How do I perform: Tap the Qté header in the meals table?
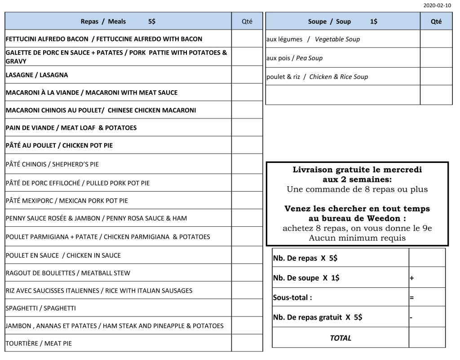pos(247,21)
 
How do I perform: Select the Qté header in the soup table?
pos(436,21)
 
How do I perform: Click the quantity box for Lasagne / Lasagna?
pos(247,75)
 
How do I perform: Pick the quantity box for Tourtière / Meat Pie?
pos(247,343)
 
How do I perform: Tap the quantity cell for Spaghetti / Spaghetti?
pos(247,308)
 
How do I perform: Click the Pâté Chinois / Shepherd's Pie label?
pos(52,164)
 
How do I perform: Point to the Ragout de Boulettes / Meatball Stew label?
pos(68,273)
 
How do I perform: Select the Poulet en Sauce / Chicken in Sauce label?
pos(63,255)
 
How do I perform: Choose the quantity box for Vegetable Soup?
pos(436,39)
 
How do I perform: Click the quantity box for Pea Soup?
pos(436,58)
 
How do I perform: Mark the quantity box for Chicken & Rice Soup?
pos(436,77)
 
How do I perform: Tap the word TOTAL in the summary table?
pos(341,338)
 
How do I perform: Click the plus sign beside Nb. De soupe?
pos(411,278)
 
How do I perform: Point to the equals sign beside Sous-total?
pos(411,298)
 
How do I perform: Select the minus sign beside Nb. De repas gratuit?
pos(411,317)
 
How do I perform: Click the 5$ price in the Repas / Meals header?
pos(152,21)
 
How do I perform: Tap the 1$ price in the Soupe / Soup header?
pos(374,21)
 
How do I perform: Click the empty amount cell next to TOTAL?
pos(427,338)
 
